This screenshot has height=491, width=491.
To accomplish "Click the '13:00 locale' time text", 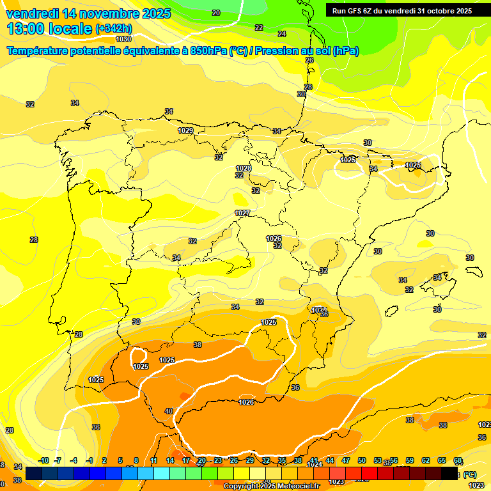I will (x=49, y=29).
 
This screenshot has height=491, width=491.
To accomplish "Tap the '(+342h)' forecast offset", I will (x=113, y=29).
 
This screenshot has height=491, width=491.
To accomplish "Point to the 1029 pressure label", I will (x=185, y=130).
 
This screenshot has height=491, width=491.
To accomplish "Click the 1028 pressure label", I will (x=244, y=168).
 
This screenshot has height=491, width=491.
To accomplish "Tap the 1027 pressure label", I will (x=242, y=213).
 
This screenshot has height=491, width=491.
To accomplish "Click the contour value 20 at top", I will (x=216, y=13).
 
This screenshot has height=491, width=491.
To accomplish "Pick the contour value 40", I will (x=169, y=411).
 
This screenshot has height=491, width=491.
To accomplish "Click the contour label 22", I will (x=259, y=27).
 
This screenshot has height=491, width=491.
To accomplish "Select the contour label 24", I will (x=281, y=34).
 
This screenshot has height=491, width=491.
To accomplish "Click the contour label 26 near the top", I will (x=309, y=60).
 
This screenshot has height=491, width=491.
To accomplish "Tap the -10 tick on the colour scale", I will (x=43, y=460).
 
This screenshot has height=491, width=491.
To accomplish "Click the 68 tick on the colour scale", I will (x=458, y=460).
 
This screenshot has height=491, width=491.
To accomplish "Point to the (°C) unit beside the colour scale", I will (x=470, y=474).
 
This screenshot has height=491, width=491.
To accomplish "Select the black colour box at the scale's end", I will (x=449, y=474).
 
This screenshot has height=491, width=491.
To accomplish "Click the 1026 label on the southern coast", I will (x=246, y=402).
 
